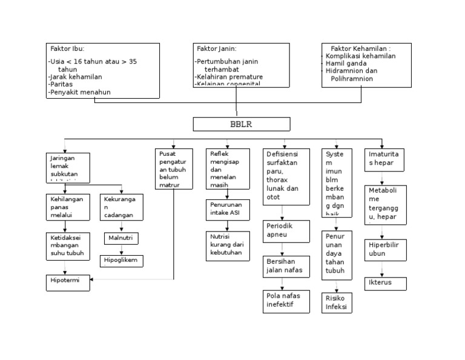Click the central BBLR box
click(x=241, y=124)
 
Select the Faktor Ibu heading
click(x=67, y=48)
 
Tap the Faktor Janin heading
click(x=216, y=48)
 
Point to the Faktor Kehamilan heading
click(x=360, y=48)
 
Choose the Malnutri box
click(x=121, y=238)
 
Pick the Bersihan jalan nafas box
click(x=284, y=265)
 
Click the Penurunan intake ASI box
click(x=226, y=209)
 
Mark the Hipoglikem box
click(x=121, y=261)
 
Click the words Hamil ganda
click(x=347, y=63)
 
